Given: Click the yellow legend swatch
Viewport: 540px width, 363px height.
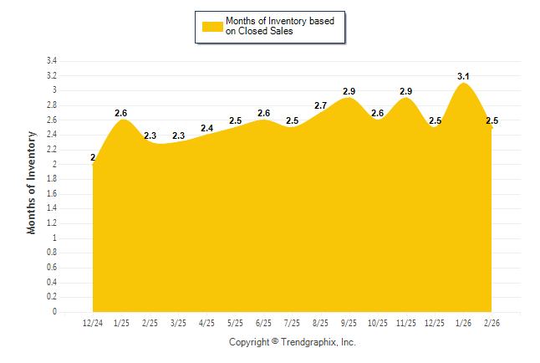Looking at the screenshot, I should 212,26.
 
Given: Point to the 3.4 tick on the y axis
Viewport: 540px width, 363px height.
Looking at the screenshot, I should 51,61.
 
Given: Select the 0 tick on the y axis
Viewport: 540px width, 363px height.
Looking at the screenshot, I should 54,312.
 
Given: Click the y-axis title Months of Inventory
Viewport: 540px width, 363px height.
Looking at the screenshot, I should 32,181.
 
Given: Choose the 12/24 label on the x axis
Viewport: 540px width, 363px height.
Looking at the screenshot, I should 93,323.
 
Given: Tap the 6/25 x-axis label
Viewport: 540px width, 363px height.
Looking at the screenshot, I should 263,323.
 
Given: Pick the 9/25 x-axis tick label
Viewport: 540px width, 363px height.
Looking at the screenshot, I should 349,323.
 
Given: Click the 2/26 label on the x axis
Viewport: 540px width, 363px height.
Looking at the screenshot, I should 491,323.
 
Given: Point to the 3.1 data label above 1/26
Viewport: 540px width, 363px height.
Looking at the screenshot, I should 463,76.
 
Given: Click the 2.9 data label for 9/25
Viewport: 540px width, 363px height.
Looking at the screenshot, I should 349,91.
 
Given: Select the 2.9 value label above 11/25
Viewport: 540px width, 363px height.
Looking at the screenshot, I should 406,91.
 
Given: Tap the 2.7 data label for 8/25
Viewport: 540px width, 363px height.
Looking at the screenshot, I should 320,106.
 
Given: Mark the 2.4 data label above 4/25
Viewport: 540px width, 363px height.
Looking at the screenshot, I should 206,128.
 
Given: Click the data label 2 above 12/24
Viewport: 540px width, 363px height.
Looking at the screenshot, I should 93,157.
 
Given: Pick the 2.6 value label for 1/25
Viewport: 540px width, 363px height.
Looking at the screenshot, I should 121,113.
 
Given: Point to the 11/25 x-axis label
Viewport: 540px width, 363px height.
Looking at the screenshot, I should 405,323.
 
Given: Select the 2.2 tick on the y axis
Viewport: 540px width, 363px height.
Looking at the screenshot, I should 51,150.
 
